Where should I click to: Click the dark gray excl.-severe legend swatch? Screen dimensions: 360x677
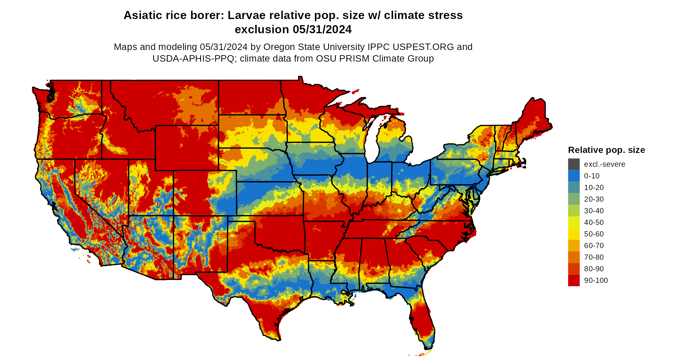click(x=574, y=164)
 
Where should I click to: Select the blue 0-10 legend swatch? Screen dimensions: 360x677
click(x=574, y=176)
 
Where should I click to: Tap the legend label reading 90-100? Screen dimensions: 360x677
click(x=596, y=280)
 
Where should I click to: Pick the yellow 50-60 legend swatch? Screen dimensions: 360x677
click(x=574, y=234)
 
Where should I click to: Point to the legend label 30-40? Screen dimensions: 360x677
click(x=594, y=211)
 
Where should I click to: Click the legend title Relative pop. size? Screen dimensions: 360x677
click(x=606, y=150)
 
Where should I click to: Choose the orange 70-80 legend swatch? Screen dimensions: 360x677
click(x=574, y=257)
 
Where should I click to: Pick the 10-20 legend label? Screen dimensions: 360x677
click(x=594, y=187)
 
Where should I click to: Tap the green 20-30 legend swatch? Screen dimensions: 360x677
click(x=574, y=199)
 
